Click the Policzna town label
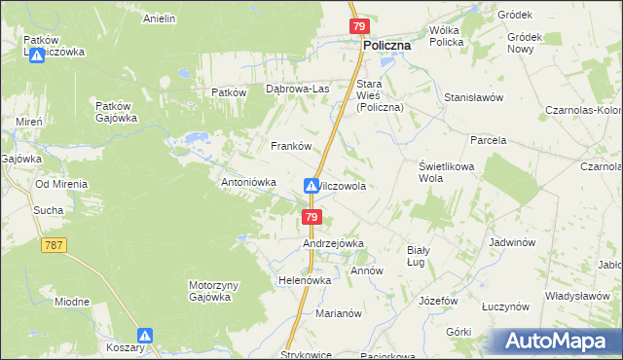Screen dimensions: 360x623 [386, 45]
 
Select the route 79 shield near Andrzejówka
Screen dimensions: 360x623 [311, 216]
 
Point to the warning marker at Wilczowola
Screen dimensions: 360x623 [311, 185]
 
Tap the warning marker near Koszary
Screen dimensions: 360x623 [145, 336]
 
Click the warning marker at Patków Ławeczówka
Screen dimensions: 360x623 [36, 55]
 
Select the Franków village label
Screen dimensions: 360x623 [290, 146]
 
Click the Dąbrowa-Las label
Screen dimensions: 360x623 [298, 90]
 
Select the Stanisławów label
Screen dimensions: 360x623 [473, 97]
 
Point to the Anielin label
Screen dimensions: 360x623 [159, 18]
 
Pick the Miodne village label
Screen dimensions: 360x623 [72, 302]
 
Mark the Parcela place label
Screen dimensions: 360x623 [488, 140]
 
